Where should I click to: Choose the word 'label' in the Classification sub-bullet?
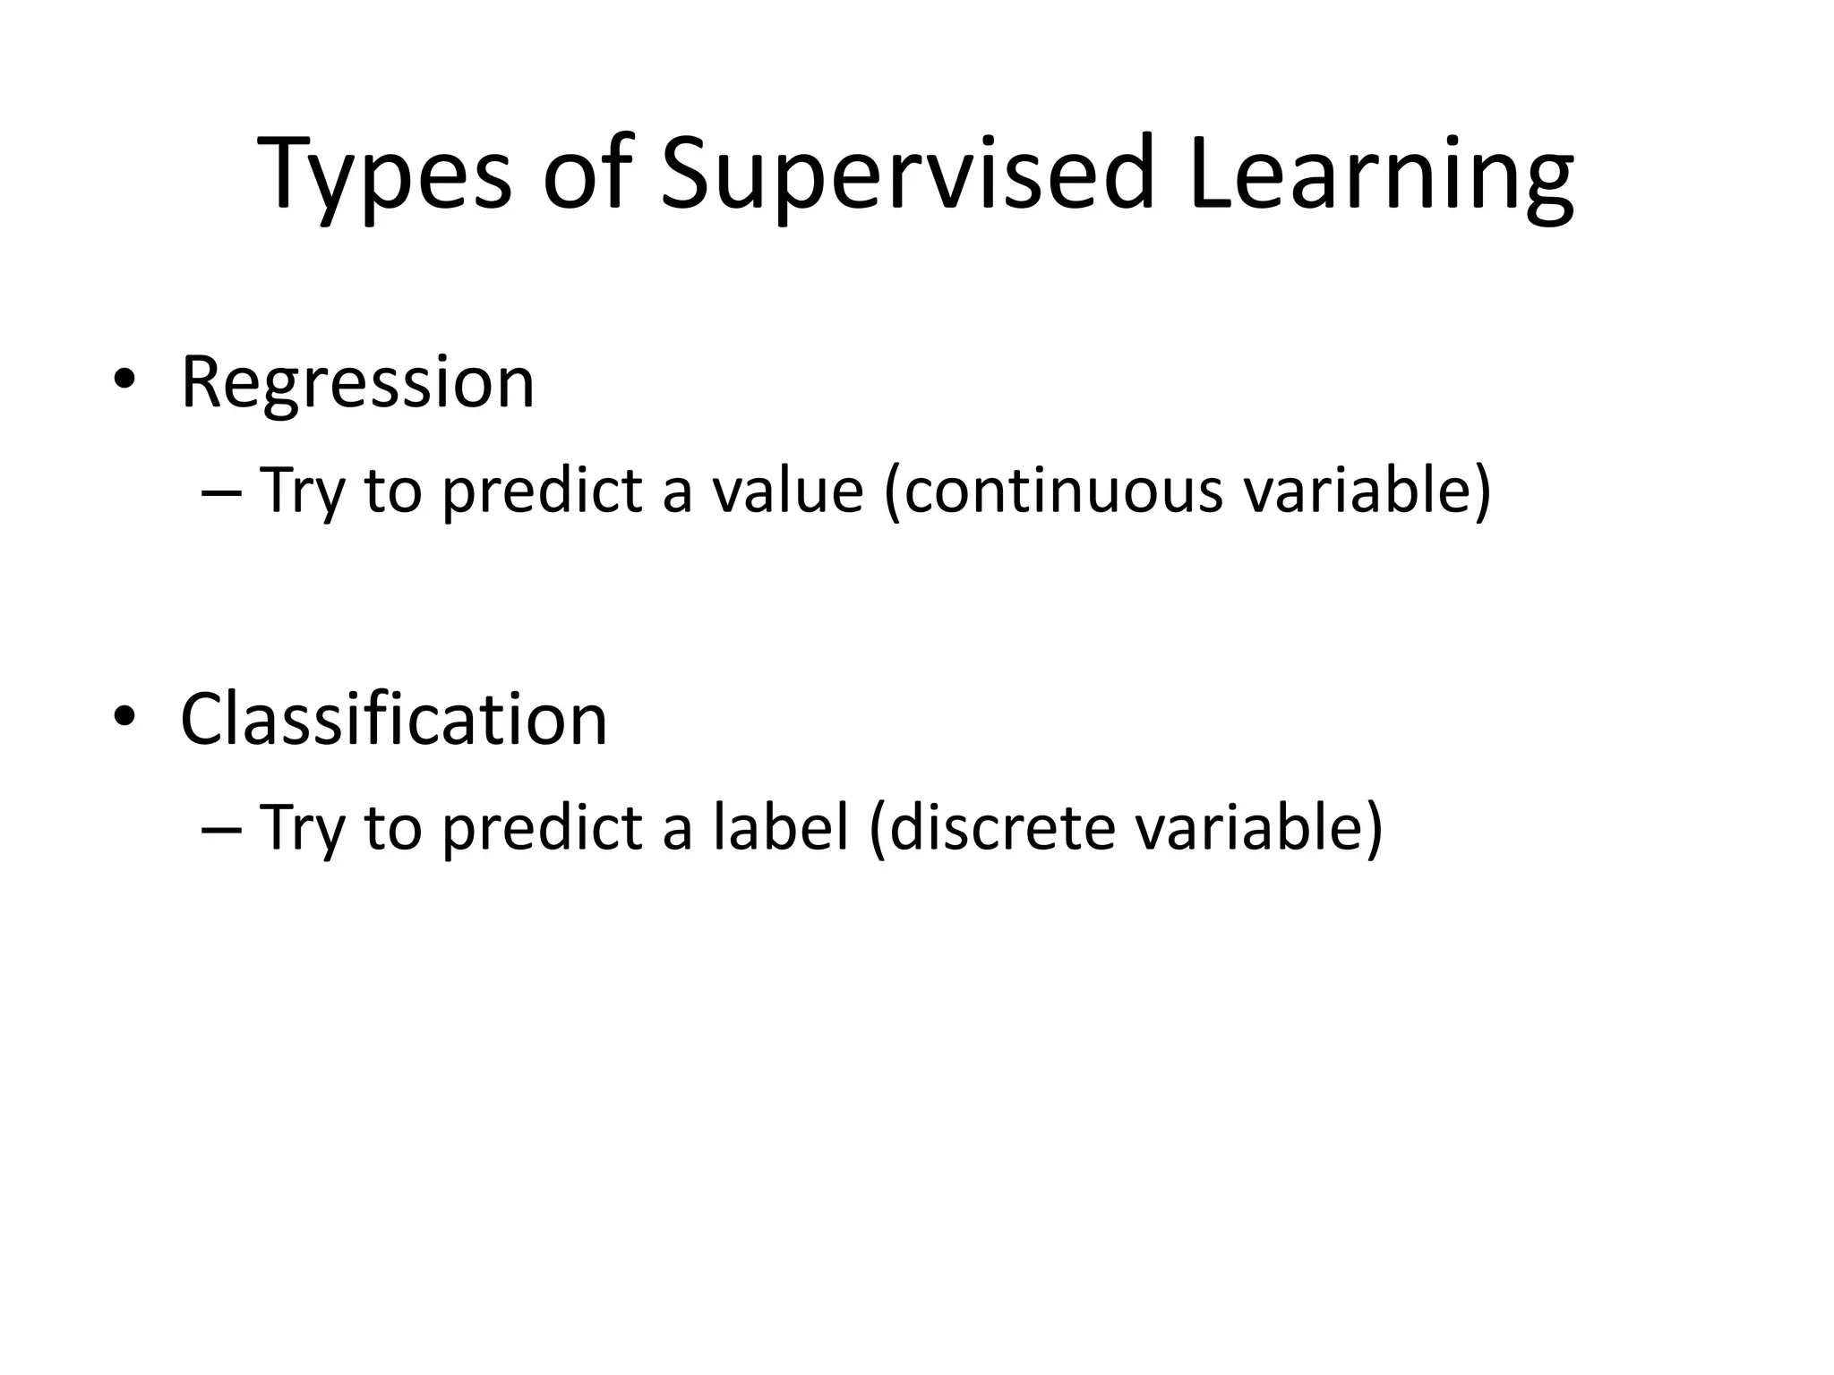[780, 827]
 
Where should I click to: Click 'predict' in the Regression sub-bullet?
[543, 492]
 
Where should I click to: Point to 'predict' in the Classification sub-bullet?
[543, 829]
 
